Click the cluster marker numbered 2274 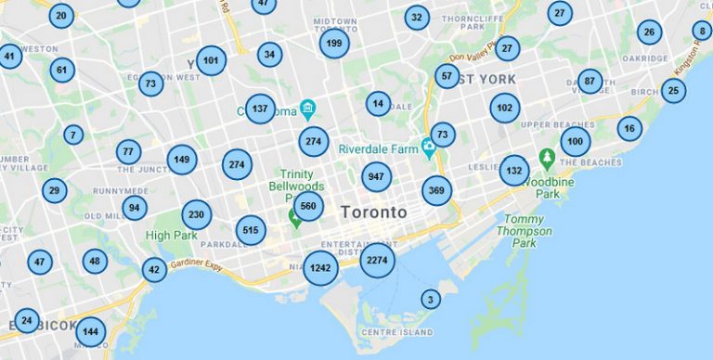tap(377, 261)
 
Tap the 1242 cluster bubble tap(320, 268)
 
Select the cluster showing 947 tap(376, 176)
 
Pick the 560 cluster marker tap(308, 206)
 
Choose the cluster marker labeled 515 tap(251, 230)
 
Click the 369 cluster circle tap(436, 191)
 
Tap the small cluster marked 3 tap(429, 299)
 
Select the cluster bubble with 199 tap(334, 43)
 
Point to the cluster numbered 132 tap(513, 171)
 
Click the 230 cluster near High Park tap(196, 215)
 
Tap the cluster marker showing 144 tap(90, 331)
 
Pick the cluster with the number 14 tap(377, 104)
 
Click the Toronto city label tap(373, 212)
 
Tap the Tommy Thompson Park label tap(525, 231)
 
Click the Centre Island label tap(397, 332)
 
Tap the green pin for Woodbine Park tap(548, 158)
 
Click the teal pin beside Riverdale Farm tap(428, 147)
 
